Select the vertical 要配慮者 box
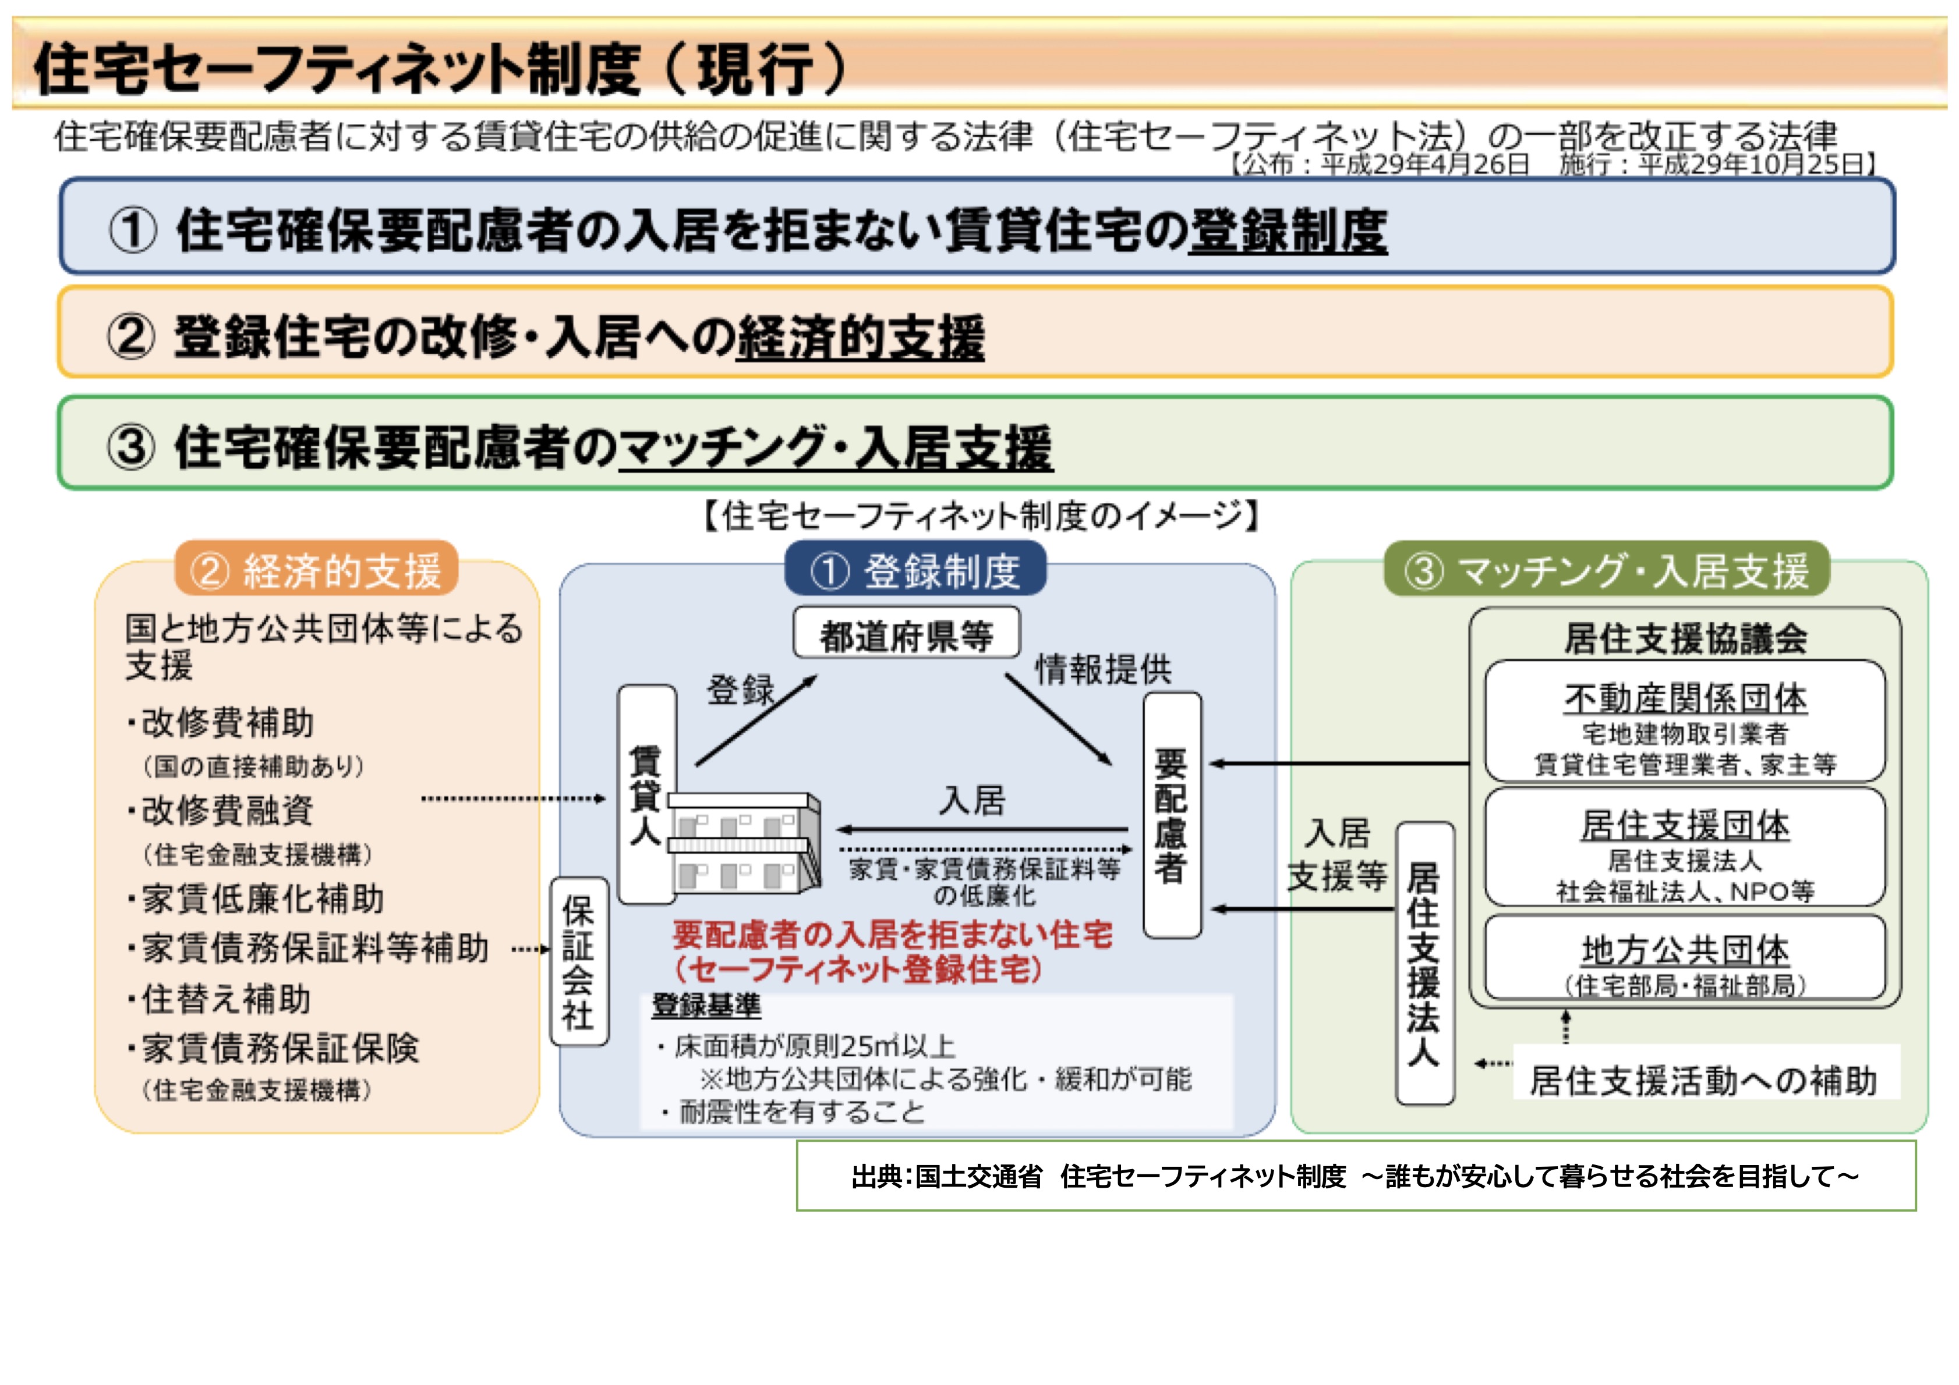click(x=1172, y=815)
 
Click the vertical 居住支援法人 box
click(x=1424, y=963)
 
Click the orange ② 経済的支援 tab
click(x=317, y=570)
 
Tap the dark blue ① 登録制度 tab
click(x=915, y=570)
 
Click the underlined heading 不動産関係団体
click(x=1685, y=698)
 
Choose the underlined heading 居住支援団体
click(x=1685, y=825)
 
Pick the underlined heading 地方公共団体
click(x=1685, y=949)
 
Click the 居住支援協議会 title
click(x=1685, y=638)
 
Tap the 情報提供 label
click(x=1103, y=669)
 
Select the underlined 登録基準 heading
click(x=706, y=1006)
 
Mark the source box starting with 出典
click(x=1356, y=1176)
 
